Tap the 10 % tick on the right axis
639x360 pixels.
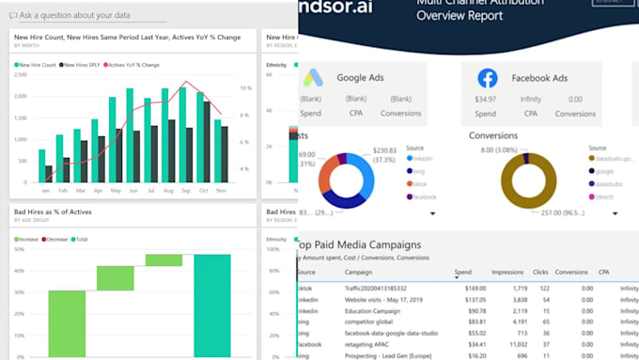(245, 88)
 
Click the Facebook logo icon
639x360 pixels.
(487, 78)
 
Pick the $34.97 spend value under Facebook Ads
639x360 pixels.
(485, 99)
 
